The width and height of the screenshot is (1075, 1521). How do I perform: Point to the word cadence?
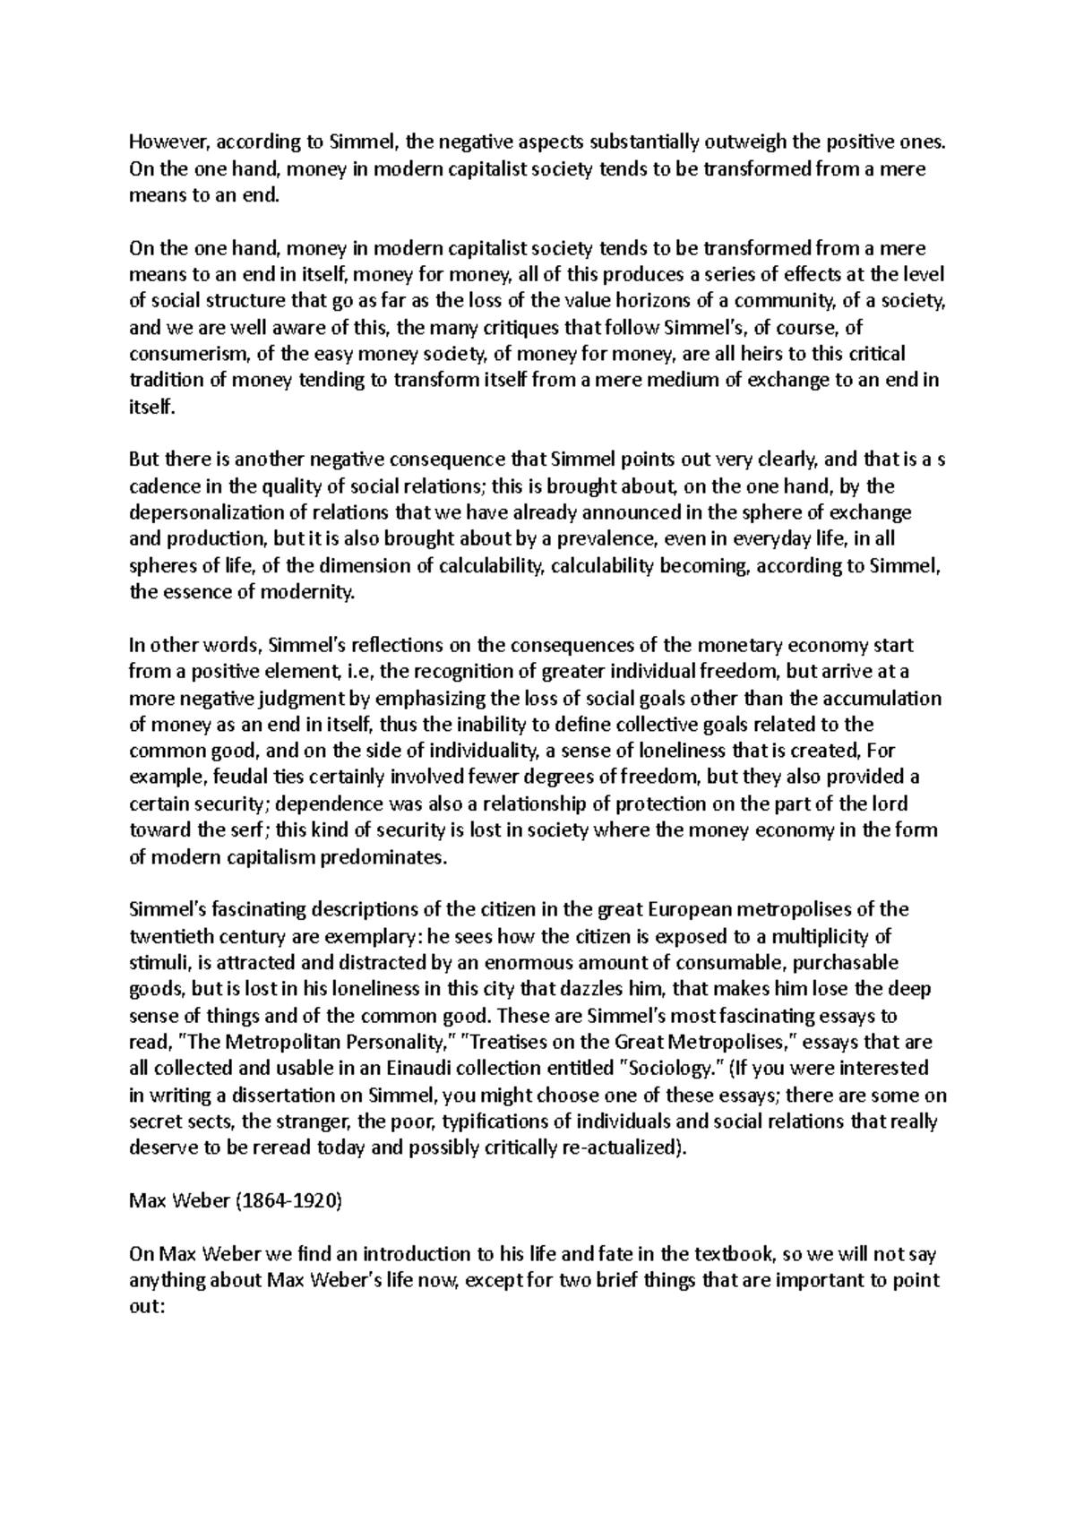click(159, 486)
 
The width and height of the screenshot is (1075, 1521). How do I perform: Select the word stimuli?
click(155, 962)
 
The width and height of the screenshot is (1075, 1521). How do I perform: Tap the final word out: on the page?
click(147, 1307)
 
